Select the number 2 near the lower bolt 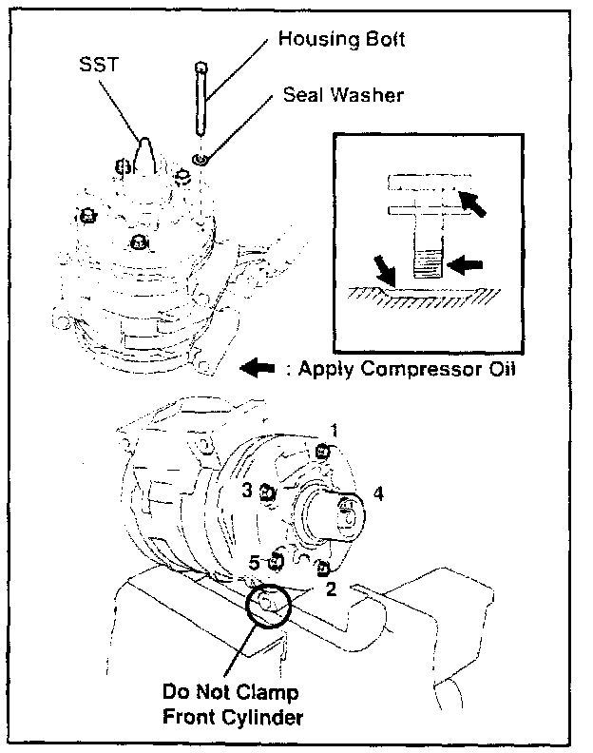coord(331,588)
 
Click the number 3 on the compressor coord(246,490)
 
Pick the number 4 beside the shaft coord(377,493)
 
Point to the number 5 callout coord(254,562)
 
